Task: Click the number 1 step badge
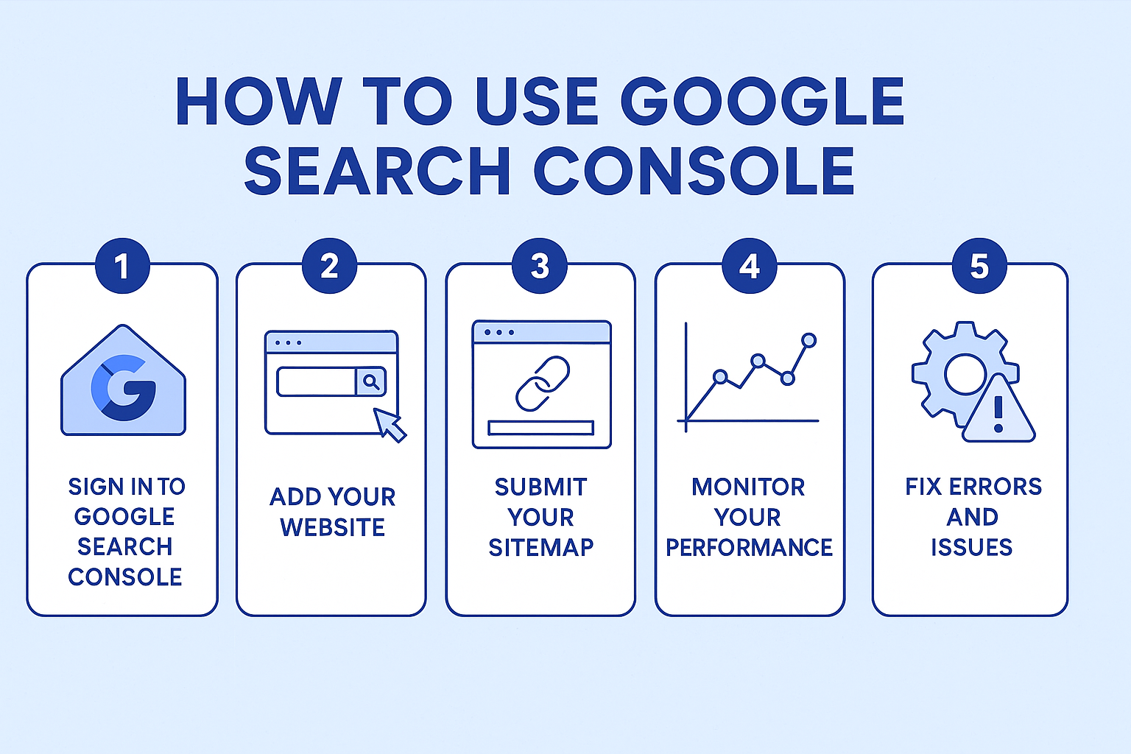(123, 266)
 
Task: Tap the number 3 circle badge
(540, 266)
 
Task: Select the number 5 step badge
(979, 266)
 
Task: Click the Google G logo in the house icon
(124, 388)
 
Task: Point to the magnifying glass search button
(371, 381)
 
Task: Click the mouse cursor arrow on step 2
(390, 425)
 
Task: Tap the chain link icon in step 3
(542, 384)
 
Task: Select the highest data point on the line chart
(809, 340)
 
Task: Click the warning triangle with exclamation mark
(998, 409)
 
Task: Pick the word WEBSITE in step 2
(332, 527)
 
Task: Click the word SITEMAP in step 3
(540, 547)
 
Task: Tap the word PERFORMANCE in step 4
(749, 547)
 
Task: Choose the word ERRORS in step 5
(996, 487)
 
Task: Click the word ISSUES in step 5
(971, 547)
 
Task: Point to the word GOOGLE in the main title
(762, 101)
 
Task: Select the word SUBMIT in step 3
(540, 487)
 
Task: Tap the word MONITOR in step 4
(748, 487)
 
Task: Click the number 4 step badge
(750, 266)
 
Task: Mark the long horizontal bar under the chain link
(540, 428)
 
